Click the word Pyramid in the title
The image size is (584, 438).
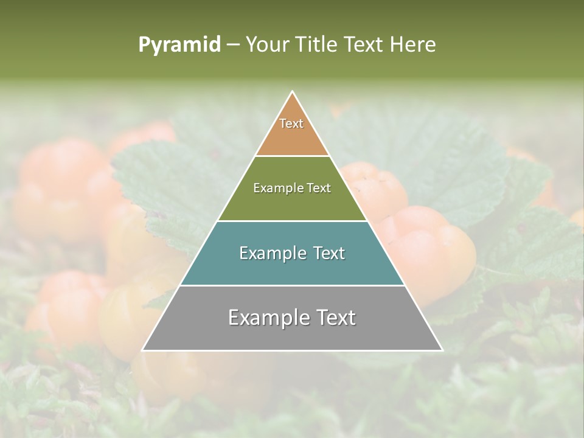[179, 45]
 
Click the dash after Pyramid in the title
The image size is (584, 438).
[233, 45]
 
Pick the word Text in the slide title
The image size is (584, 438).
[364, 44]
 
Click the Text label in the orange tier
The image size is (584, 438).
[291, 123]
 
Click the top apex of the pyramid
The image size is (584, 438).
[293, 92]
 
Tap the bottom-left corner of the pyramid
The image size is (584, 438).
[143, 350]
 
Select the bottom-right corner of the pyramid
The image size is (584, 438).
[442, 350]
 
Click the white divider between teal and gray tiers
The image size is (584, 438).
[292, 285]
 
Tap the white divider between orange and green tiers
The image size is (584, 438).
[292, 156]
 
